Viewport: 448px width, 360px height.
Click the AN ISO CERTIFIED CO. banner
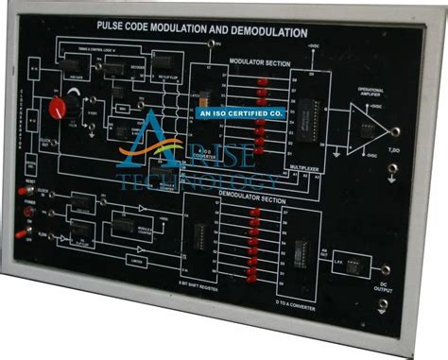pos(240,111)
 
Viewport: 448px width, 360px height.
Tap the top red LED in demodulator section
pos(254,213)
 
